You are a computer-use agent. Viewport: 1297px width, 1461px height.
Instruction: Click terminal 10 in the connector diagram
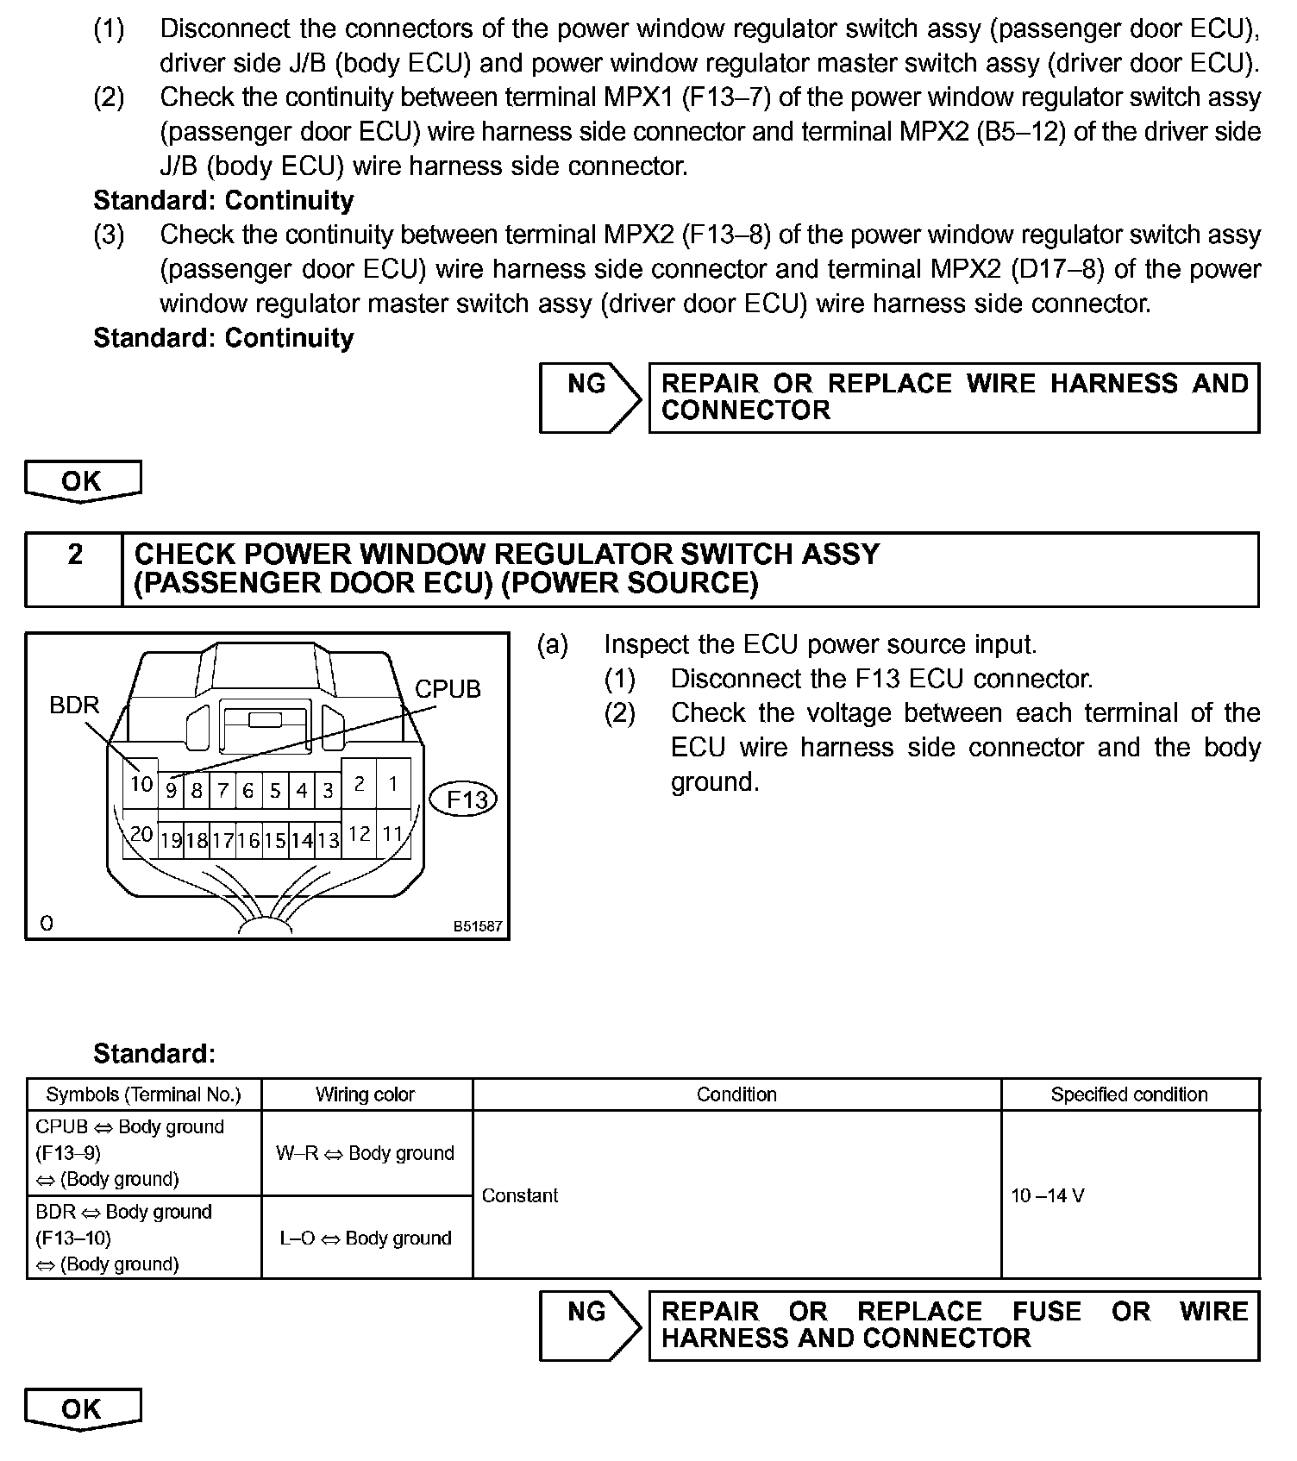click(x=141, y=784)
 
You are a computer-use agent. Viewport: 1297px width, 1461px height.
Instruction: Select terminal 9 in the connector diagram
click(x=171, y=790)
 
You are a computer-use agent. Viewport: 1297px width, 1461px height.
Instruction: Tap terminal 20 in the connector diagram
click(x=141, y=834)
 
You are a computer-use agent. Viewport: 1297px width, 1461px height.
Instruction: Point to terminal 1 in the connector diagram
click(x=392, y=784)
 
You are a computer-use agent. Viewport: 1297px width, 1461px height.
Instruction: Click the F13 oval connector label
click(x=466, y=799)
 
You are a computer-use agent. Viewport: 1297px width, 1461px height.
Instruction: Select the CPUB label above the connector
click(x=448, y=689)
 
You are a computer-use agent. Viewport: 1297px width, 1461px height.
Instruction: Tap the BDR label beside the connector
click(x=74, y=705)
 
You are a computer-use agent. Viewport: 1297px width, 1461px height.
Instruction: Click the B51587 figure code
click(x=478, y=927)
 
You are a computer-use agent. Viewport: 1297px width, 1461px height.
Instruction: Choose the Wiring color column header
click(x=366, y=1094)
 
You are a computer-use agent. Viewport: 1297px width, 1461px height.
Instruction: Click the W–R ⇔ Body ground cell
click(x=366, y=1153)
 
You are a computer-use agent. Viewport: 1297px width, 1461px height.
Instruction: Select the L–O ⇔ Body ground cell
click(x=366, y=1238)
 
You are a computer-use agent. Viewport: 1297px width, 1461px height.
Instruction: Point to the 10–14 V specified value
click(x=1048, y=1195)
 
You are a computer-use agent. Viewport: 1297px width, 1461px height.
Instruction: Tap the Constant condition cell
click(x=520, y=1195)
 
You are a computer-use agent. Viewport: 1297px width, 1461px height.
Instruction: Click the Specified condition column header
click(x=1129, y=1094)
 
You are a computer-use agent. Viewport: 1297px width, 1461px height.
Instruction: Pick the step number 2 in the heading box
click(x=75, y=555)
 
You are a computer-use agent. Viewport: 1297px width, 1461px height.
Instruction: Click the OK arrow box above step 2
click(x=82, y=481)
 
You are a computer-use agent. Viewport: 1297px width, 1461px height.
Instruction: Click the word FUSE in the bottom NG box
click(x=1046, y=1312)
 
